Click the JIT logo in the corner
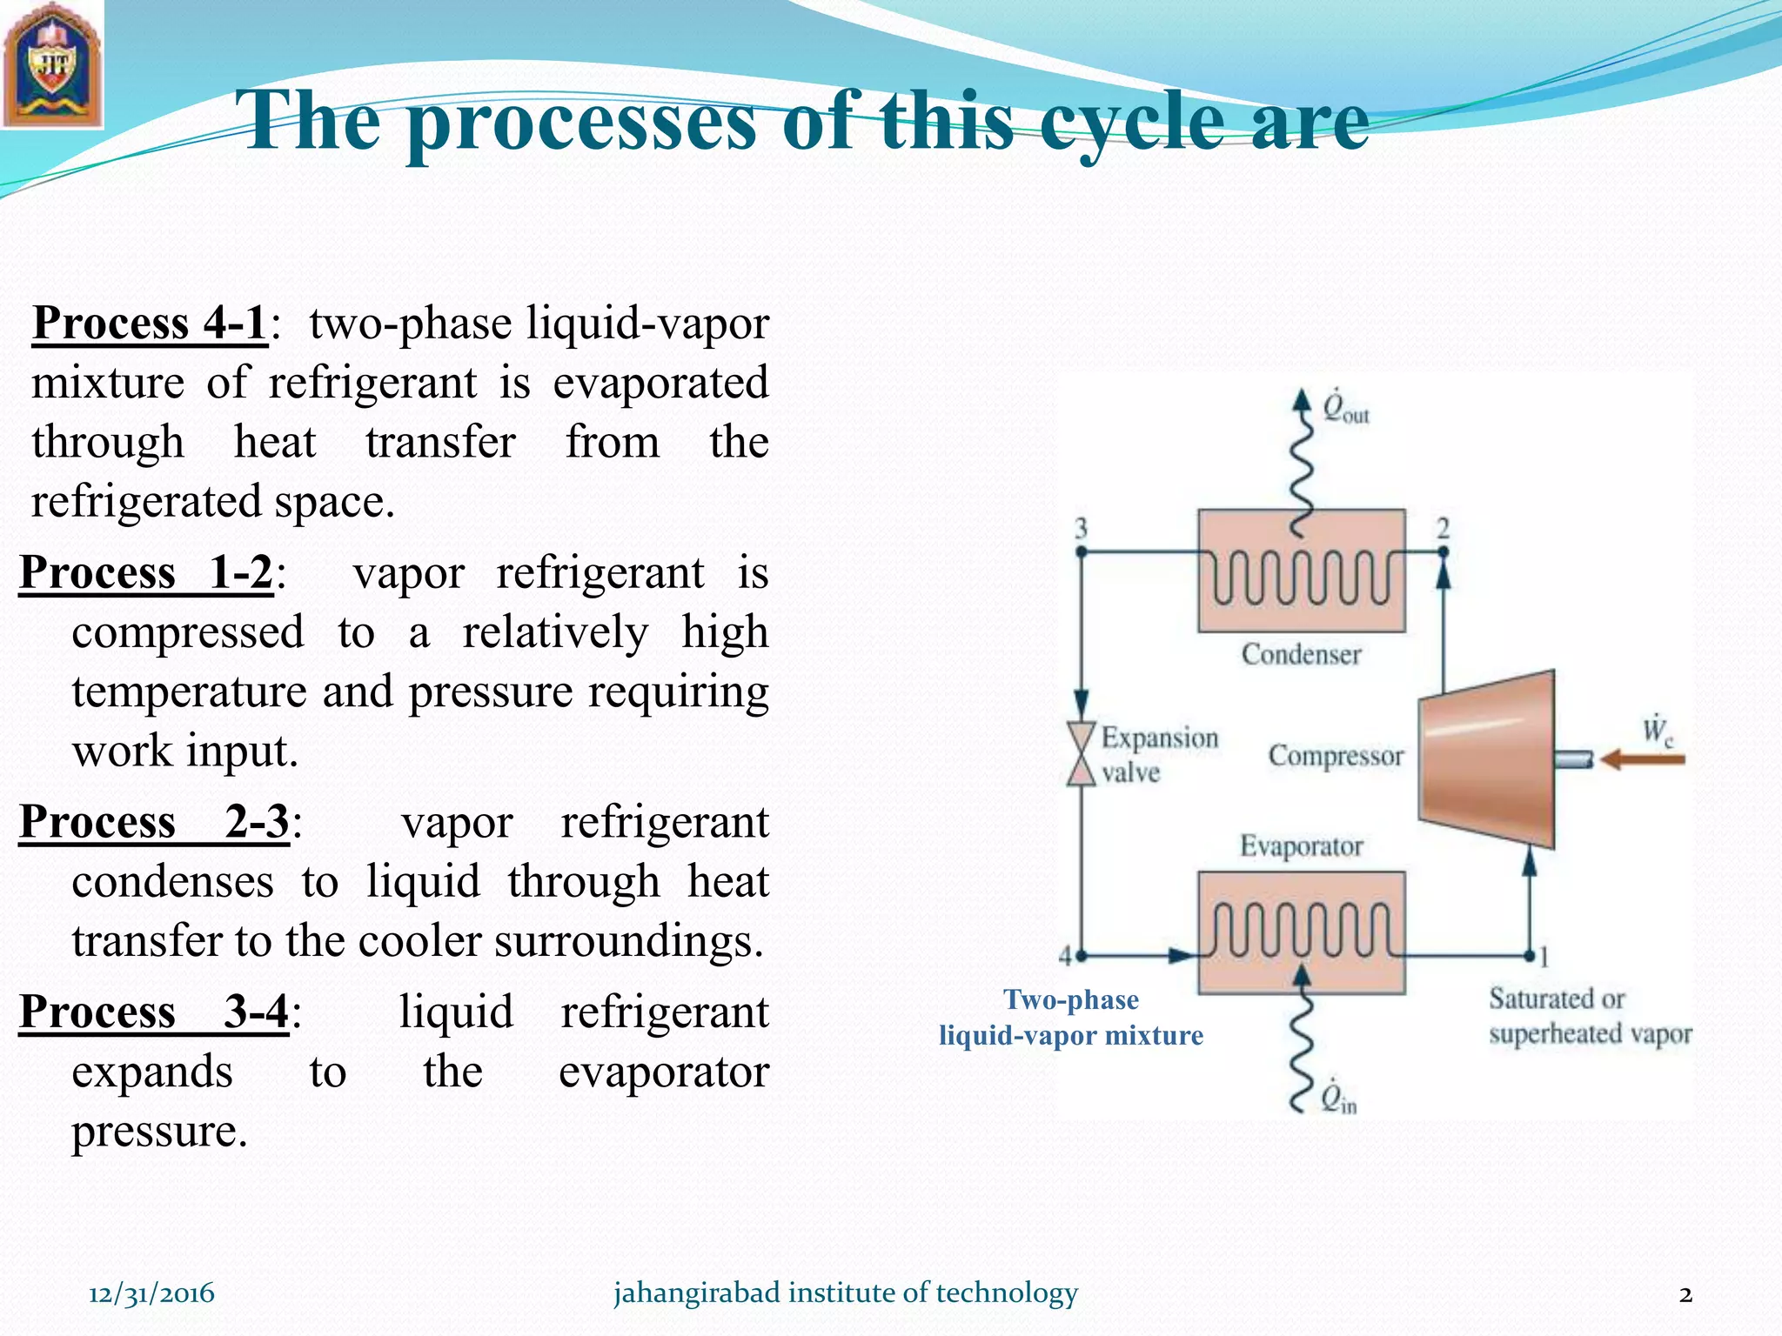pos(52,64)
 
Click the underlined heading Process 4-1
pos(150,324)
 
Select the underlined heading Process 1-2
pos(146,573)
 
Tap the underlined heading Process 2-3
pos(154,822)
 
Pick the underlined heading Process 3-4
pos(154,1012)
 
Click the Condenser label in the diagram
pos(1301,654)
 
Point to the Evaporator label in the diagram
pos(1301,845)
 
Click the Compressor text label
pos(1336,755)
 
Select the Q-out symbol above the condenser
pos(1345,408)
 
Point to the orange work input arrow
pos(1643,759)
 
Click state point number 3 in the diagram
pos(1081,528)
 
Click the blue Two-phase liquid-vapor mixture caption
pos(1071,1018)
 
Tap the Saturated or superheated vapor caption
pos(1590,1016)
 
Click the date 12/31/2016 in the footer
pos(151,1293)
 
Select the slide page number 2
pos(1685,1294)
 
